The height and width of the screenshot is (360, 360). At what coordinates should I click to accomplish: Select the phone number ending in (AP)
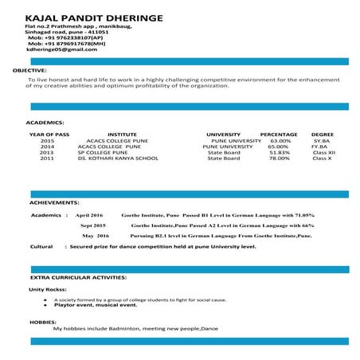click(65, 37)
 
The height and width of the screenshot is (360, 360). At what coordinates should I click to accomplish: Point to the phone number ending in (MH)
click(66, 43)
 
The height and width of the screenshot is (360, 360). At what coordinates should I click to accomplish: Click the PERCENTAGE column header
click(279, 135)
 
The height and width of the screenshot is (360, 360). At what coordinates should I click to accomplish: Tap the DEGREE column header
click(323, 135)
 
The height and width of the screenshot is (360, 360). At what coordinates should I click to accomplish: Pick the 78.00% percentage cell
click(280, 158)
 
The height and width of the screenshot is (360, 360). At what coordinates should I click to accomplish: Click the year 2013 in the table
click(47, 153)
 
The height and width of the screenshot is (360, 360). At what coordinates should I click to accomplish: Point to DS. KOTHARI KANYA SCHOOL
click(118, 158)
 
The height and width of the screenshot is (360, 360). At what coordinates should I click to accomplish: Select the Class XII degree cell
click(323, 153)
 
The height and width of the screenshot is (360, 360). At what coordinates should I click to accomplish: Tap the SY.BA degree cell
click(322, 141)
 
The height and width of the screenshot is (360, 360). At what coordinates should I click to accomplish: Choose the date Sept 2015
click(93, 226)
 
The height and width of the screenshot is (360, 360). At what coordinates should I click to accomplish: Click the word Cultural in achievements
click(41, 248)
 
